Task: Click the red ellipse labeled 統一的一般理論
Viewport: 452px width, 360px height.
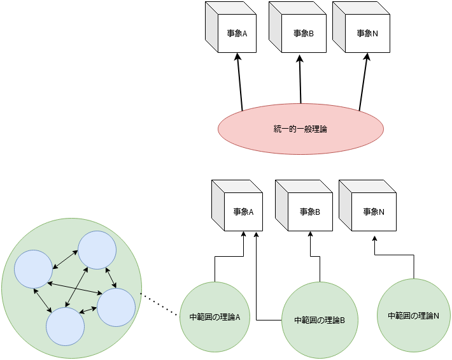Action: (300, 129)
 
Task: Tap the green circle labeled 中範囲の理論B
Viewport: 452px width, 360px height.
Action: (320, 319)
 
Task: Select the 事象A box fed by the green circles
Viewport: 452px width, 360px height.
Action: (243, 212)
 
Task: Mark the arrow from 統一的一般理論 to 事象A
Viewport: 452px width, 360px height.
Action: (239, 83)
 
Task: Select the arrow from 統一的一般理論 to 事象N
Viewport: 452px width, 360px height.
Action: (364, 83)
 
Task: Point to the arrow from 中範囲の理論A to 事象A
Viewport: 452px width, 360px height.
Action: (229, 256)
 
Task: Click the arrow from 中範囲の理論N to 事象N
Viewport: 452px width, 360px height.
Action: (395, 254)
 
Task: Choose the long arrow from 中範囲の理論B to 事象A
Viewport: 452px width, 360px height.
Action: (256, 280)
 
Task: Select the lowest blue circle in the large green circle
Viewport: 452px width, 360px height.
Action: (65, 326)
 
